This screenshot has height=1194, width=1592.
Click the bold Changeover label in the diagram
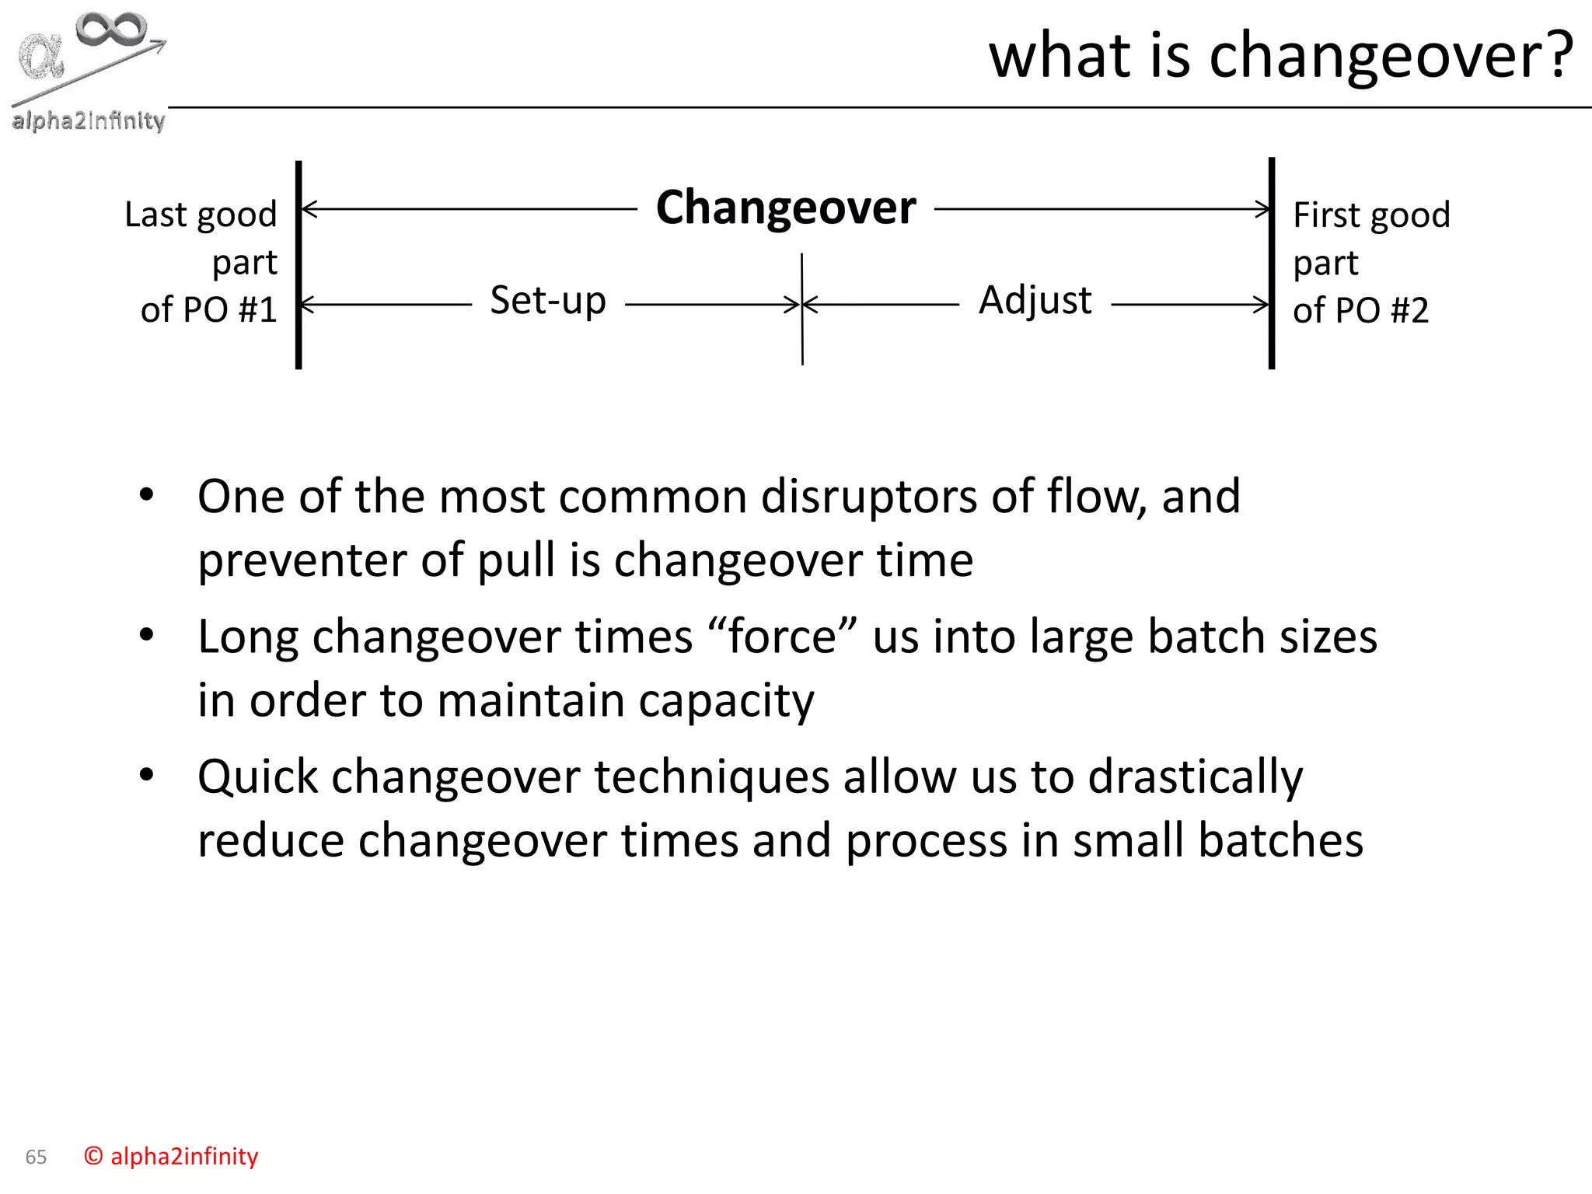[x=786, y=208]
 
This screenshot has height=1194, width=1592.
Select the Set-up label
[x=548, y=301]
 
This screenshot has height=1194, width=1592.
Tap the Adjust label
[x=1035, y=300]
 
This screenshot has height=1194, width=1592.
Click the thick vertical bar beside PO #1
[x=298, y=264]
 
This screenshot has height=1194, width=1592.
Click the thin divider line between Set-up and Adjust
[x=802, y=342]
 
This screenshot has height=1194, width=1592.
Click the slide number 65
[x=36, y=1157]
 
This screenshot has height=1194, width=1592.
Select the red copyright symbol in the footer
[x=93, y=1156]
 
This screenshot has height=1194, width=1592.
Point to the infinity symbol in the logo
[x=111, y=30]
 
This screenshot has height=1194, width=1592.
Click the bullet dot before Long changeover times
[x=146, y=635]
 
